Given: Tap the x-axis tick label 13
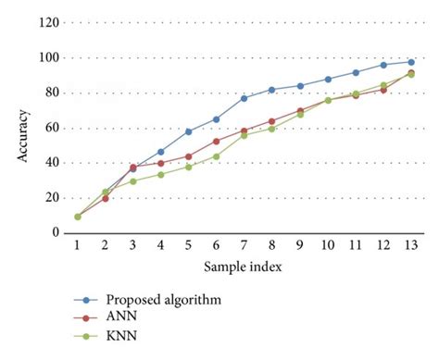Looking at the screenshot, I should (409, 247).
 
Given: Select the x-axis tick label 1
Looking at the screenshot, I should (78, 247).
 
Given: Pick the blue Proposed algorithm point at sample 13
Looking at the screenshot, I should (409, 62).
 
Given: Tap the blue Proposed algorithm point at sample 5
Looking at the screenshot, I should (188, 131).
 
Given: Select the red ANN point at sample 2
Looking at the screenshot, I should (106, 198).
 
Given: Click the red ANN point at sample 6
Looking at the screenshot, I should (216, 141).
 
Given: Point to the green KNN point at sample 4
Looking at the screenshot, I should (160, 174).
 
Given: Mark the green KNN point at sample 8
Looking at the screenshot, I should (271, 129).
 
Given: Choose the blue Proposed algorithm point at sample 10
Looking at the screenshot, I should (327, 80).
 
